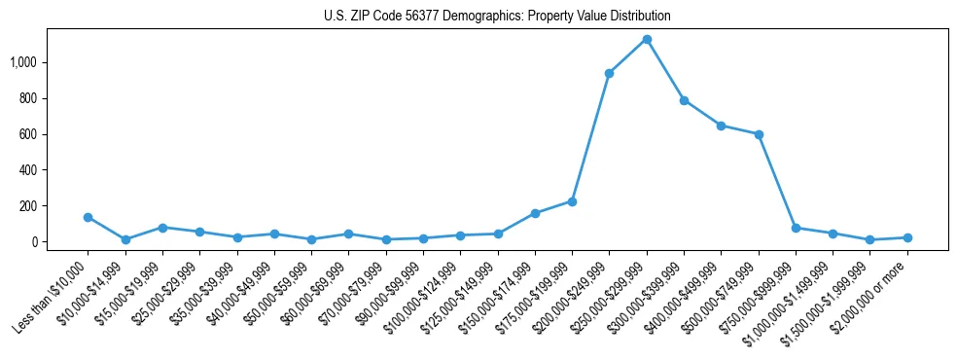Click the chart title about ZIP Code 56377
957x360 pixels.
click(x=497, y=17)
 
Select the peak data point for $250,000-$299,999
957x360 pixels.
click(x=647, y=39)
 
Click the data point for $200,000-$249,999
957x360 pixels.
click(x=609, y=73)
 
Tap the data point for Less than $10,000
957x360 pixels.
click(x=88, y=217)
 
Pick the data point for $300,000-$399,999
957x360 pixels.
click(x=684, y=100)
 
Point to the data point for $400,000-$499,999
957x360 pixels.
click(x=721, y=126)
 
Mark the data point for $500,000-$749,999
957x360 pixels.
click(x=759, y=134)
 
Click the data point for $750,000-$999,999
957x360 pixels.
click(x=796, y=228)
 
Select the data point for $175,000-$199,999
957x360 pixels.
click(x=572, y=201)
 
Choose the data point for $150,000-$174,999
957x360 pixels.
click(x=535, y=213)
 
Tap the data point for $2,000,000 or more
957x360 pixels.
click(x=907, y=237)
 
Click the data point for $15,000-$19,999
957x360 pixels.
click(x=162, y=228)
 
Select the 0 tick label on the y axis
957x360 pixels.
click(x=35, y=242)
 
